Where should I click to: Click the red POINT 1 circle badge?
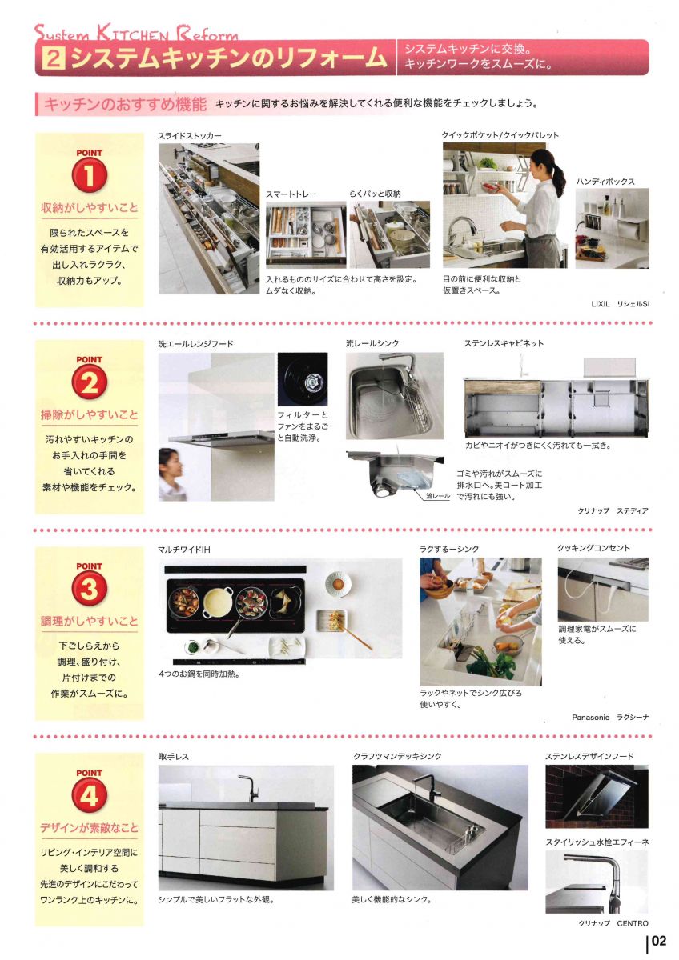(90, 176)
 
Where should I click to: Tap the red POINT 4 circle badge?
(90, 797)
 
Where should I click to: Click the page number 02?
(658, 941)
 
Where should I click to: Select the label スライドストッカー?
(190, 136)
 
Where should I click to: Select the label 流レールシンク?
(372, 343)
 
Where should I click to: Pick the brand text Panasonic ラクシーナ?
(610, 718)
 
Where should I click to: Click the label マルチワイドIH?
(184, 550)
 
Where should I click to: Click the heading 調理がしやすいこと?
(90, 621)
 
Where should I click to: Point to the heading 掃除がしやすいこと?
(90, 414)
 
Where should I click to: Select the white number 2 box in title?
(54, 58)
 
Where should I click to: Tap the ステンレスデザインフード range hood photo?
(596, 796)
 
